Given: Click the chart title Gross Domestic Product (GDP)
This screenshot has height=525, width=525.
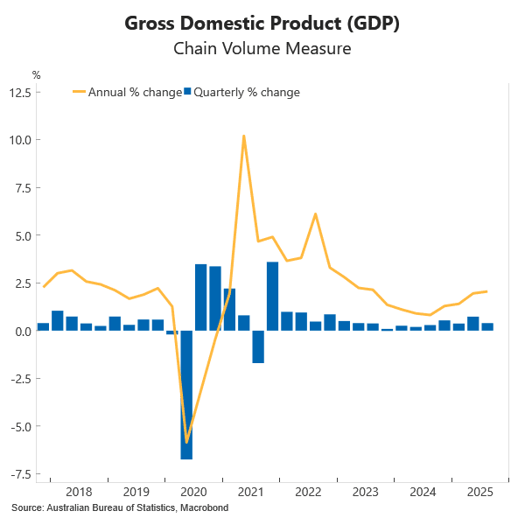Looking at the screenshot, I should pos(262,24).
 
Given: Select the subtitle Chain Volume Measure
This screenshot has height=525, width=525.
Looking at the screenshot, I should pos(262,49).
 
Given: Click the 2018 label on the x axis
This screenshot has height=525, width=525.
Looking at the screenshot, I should pos(79,492).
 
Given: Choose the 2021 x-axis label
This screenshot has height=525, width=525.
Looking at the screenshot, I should pos(251,492).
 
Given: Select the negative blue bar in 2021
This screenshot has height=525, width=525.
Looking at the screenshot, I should pos(258,346).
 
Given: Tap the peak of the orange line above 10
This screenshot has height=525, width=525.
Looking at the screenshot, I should pos(244,136).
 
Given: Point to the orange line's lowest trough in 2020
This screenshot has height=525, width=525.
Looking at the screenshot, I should pos(186,443).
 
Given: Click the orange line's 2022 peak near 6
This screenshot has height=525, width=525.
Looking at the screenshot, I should pos(315,214).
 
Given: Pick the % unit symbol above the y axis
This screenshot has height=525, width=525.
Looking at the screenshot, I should pos(36,74).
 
